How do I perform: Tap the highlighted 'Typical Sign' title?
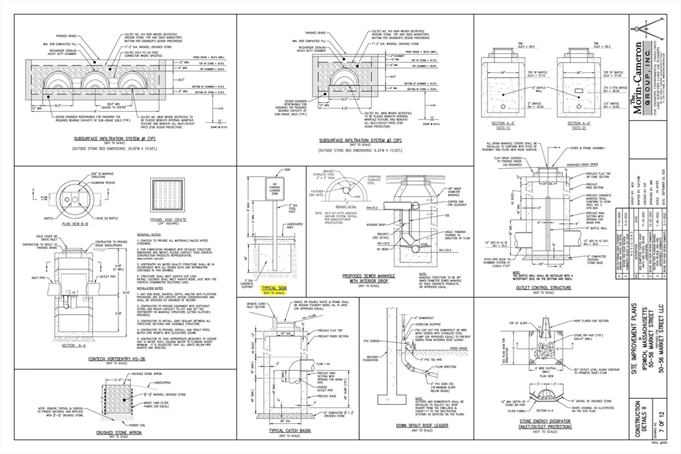point(273,288)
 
